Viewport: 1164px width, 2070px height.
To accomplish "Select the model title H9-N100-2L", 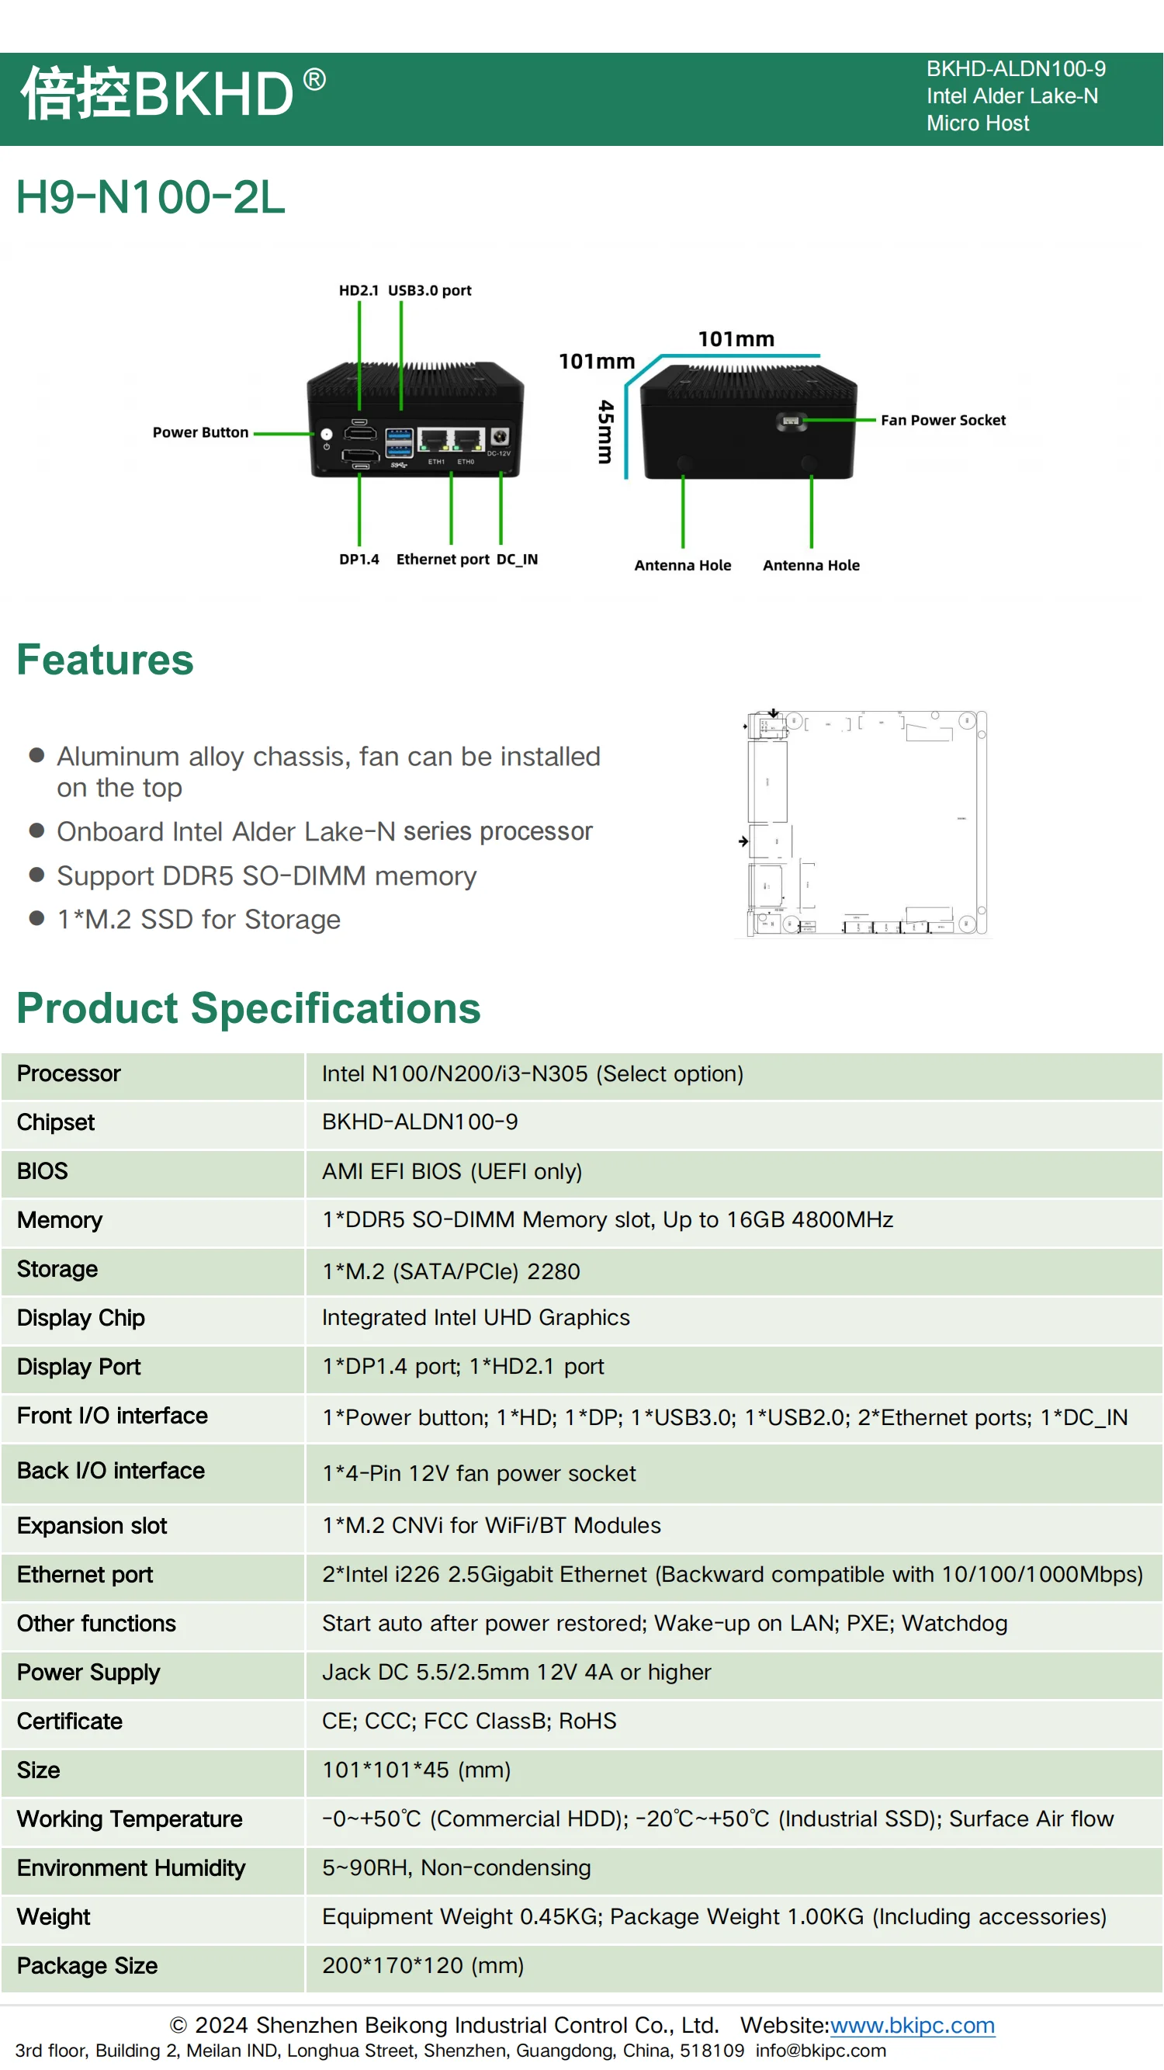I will click(151, 198).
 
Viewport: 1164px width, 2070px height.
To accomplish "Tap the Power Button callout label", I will click(200, 432).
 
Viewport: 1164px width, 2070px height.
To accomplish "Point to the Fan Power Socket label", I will click(942, 420).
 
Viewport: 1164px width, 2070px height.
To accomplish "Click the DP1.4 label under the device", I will click(359, 560).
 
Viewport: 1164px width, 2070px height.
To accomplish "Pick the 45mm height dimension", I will click(606, 432).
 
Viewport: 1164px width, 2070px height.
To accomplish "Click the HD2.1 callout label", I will click(359, 290).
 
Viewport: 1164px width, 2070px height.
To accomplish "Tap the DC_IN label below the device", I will click(517, 560).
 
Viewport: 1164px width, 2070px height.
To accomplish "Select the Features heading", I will click(106, 660).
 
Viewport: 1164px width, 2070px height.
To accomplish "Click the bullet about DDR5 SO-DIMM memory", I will click(266, 876).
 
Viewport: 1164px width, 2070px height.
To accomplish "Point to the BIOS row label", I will click(43, 1170).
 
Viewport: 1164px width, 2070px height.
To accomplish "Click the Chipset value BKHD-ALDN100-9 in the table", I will click(419, 1122).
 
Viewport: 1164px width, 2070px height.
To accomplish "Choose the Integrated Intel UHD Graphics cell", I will click(476, 1317).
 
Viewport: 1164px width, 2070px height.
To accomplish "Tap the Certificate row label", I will click(70, 1721).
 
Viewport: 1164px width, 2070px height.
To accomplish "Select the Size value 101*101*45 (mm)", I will click(416, 1770).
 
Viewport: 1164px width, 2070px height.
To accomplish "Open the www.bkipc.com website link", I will click(912, 2025).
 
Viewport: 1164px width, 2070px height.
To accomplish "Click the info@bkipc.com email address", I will click(820, 2050).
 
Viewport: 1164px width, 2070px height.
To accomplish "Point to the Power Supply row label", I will click(88, 1673).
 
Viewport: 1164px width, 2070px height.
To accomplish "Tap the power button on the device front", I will click(326, 434).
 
